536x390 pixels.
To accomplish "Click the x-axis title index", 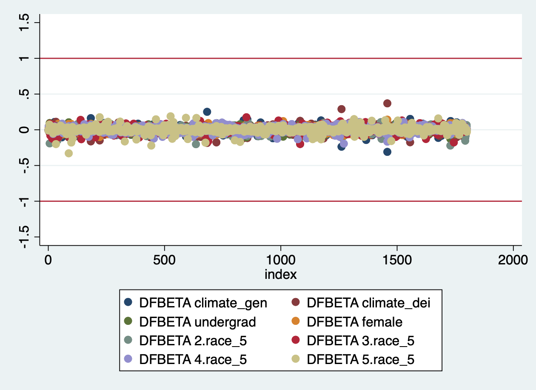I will (x=281, y=275).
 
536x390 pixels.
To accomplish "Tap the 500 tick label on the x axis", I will (x=165, y=260).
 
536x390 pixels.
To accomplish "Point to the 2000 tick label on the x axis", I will (x=513, y=260).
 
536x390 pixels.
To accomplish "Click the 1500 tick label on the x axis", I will (x=397, y=260).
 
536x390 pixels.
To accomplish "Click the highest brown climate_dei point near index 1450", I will (x=387, y=103).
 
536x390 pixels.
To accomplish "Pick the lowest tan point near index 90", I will (x=68, y=153).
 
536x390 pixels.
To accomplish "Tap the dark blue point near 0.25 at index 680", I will (x=207, y=112).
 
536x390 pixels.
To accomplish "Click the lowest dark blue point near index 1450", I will (x=387, y=152).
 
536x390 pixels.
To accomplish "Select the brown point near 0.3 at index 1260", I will (x=341, y=109).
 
